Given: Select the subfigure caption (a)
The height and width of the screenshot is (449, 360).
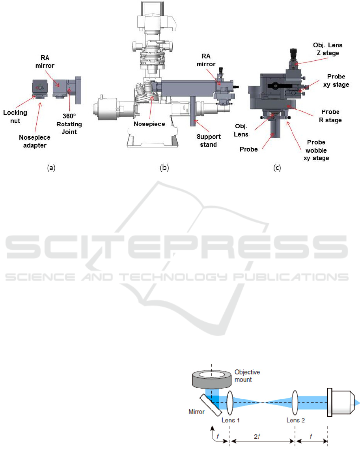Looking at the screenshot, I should [51, 168].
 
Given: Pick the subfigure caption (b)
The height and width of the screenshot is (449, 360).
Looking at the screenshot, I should [164, 168].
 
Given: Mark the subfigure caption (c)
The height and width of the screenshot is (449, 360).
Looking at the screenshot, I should [278, 168].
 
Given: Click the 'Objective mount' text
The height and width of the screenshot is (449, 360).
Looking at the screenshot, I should [247, 375].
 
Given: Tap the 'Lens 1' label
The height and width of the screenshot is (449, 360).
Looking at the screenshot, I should [231, 420].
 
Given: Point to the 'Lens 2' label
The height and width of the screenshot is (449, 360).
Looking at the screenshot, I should [295, 420].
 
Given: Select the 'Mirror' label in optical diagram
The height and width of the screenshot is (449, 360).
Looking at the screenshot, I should [196, 412].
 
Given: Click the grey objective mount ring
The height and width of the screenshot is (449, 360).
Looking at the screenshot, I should [212, 378].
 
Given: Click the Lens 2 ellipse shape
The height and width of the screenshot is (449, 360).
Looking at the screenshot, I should [295, 402].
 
